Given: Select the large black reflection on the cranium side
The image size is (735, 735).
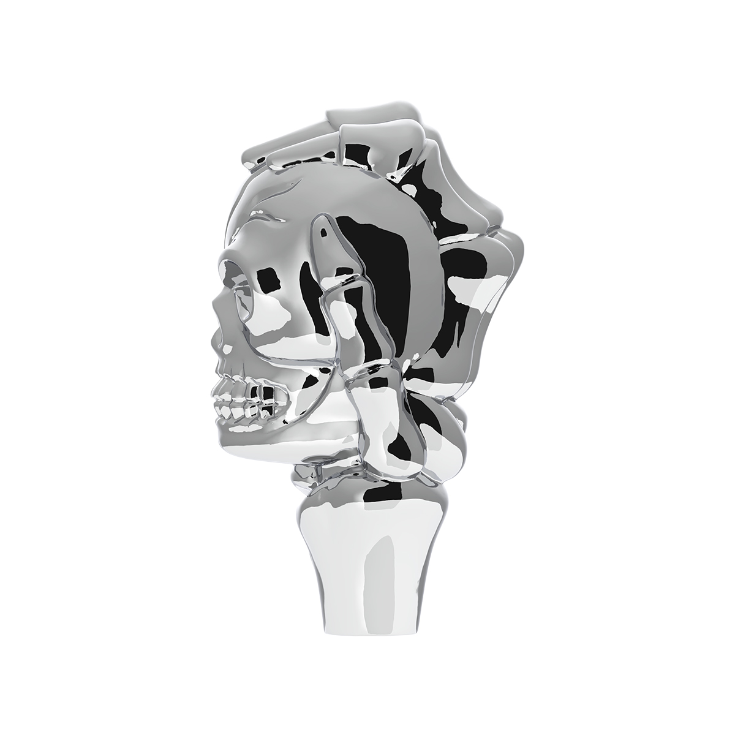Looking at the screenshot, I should tap(374, 245).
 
